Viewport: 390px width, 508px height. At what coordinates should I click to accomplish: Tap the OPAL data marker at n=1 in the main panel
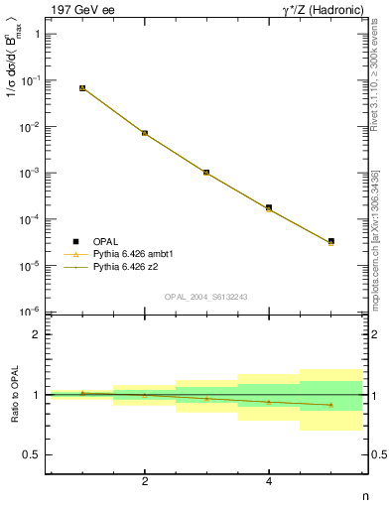click(x=82, y=88)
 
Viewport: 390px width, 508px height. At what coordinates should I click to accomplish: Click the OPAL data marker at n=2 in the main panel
click(x=145, y=133)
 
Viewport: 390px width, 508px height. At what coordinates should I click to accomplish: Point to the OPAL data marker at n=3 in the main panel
click(x=206, y=173)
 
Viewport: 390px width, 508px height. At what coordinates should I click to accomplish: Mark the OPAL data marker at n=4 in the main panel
click(x=269, y=207)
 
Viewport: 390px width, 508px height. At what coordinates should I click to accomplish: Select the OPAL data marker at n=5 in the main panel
click(x=330, y=241)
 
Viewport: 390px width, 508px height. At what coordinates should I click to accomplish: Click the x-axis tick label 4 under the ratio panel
click(x=269, y=482)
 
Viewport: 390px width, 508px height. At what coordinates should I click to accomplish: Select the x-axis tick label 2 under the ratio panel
click(x=145, y=482)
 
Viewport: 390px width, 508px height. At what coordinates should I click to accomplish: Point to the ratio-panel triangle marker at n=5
click(x=330, y=405)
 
